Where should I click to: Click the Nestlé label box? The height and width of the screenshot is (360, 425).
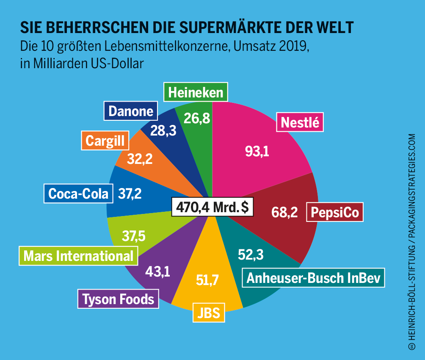click(300, 122)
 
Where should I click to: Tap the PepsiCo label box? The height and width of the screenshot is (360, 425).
click(335, 213)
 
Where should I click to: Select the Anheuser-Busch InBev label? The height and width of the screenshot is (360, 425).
click(313, 278)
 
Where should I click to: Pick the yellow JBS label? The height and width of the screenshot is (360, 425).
click(208, 313)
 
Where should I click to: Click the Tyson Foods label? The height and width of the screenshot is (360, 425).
click(118, 299)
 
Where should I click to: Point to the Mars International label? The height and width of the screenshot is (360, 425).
click(78, 256)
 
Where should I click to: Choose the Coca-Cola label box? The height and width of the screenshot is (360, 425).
click(78, 194)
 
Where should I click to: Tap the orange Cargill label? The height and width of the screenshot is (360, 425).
click(105, 141)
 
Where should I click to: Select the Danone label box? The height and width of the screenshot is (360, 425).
click(130, 111)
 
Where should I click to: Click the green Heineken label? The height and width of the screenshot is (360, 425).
click(195, 92)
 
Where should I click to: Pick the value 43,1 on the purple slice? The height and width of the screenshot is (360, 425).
click(157, 271)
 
